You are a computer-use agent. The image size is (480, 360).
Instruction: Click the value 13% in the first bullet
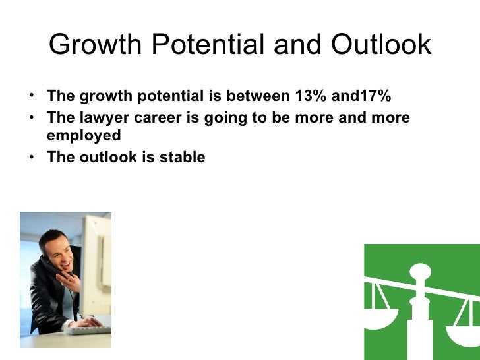309,96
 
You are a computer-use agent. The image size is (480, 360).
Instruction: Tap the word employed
84,136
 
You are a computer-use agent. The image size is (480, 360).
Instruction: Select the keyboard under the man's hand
88,328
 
